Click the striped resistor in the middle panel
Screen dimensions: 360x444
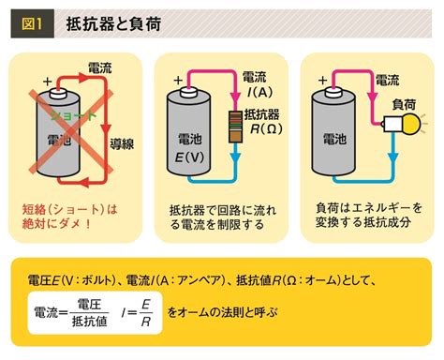pos(234,122)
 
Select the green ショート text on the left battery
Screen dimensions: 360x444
pos(67,113)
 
